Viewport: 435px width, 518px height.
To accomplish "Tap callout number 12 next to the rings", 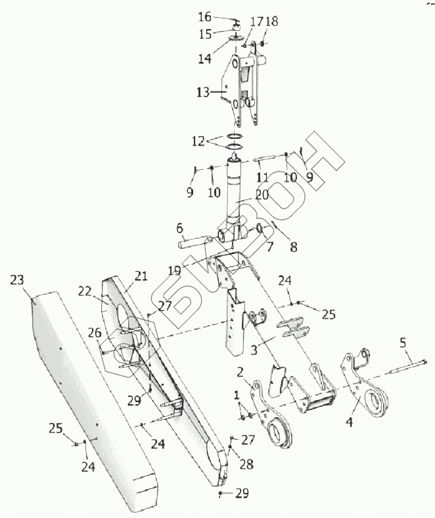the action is coord(198,141).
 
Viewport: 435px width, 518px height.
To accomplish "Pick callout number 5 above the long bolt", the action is coord(403,343).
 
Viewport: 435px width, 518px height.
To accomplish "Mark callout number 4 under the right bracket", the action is coord(350,422).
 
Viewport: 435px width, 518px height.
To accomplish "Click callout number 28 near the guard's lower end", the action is coord(246,465).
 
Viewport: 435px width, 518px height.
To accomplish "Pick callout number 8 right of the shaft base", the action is coord(292,247).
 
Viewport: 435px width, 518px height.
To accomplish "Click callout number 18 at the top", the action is coord(271,21).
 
